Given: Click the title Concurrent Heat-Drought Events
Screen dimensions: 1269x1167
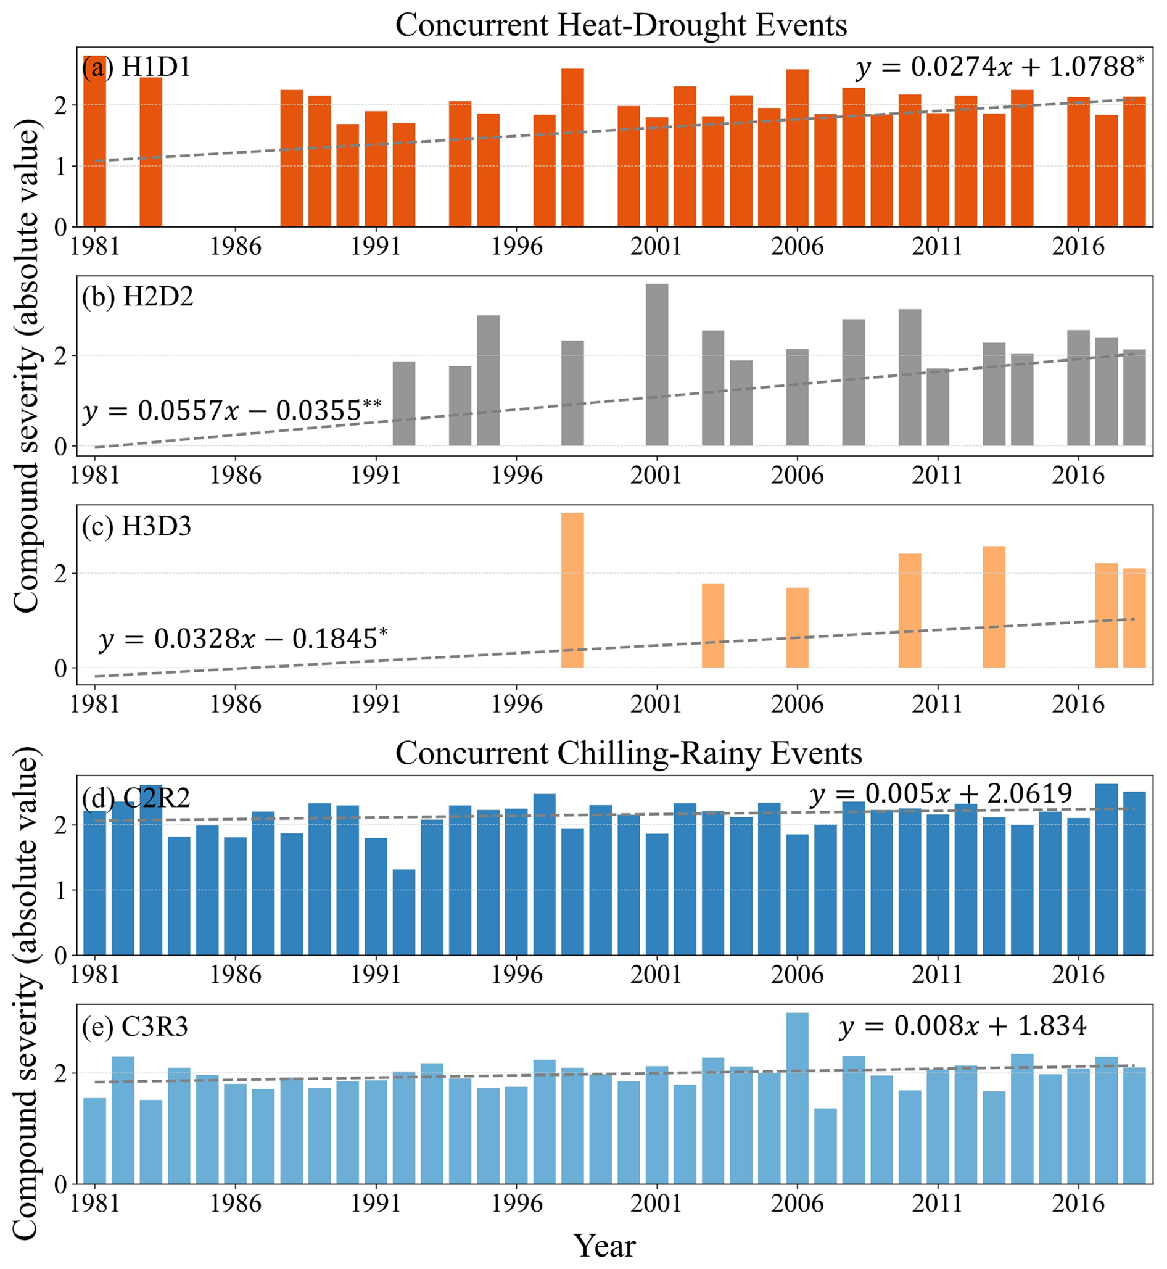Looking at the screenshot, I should click(x=621, y=26).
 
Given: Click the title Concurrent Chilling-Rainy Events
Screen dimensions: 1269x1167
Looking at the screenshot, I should click(x=629, y=754).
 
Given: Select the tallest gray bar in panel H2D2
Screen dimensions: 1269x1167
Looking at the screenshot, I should click(x=657, y=365).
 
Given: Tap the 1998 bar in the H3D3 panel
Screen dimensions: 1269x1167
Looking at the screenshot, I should click(x=572, y=590).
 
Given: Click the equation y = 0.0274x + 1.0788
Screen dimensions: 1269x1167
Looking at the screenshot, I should click(x=999, y=67).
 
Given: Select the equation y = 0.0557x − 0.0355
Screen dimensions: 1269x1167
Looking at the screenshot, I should click(x=232, y=411).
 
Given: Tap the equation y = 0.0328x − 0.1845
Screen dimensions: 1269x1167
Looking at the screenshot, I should click(x=243, y=639).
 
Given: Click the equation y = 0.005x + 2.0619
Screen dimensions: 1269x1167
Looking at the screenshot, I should click(x=941, y=794).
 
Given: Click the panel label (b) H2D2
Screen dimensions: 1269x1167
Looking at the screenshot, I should click(x=137, y=296).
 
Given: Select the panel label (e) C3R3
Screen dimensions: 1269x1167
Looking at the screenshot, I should click(x=134, y=1027).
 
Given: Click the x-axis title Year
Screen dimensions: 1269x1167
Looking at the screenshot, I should click(x=604, y=1246).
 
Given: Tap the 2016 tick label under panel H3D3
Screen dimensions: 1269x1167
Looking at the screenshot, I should click(x=1078, y=704).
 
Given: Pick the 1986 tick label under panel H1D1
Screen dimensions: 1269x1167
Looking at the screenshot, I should click(x=235, y=246).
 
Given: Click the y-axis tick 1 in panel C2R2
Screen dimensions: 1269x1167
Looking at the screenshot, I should click(x=60, y=891).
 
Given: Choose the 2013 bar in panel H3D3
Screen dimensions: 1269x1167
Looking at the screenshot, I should click(x=994, y=607).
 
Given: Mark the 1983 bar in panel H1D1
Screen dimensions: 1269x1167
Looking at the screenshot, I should click(x=151, y=152).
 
